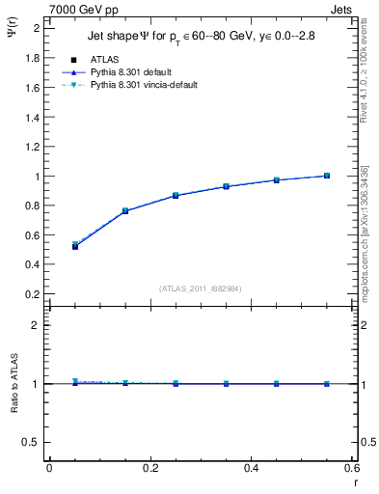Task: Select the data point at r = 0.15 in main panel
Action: [x=125, y=210]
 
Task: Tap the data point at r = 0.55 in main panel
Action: [x=327, y=176]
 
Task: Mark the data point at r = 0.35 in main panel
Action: [x=226, y=186]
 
